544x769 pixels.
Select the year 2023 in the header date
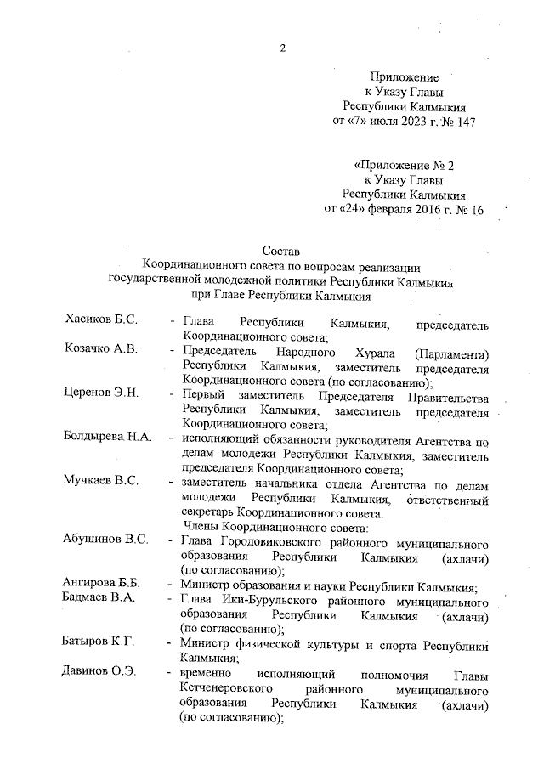399,122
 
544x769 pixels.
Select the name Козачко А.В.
103,350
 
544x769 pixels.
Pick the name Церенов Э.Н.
102,393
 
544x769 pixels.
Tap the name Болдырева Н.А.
108,438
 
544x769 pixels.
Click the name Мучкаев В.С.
101,482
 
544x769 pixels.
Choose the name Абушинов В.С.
106,540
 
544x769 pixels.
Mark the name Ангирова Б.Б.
102,584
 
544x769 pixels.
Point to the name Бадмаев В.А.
99,598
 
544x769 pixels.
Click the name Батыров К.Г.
99,642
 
